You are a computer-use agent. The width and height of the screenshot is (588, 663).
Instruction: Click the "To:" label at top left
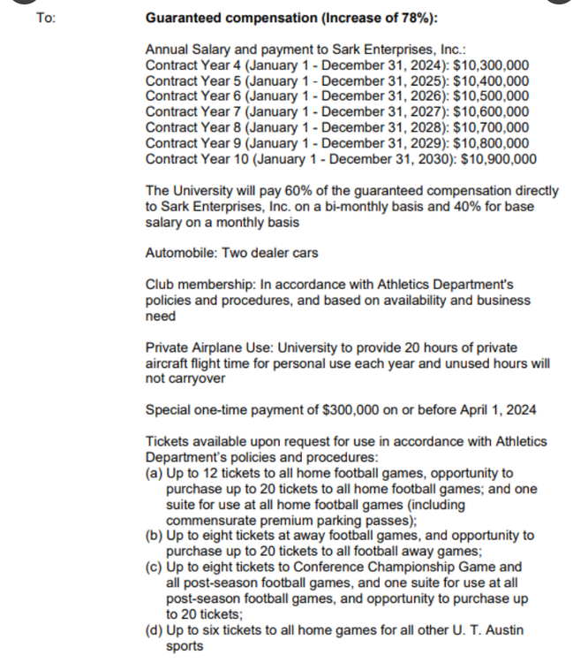tap(46, 18)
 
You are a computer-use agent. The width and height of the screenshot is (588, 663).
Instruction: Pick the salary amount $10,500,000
tap(491, 96)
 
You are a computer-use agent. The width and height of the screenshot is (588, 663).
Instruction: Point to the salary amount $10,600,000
tap(491, 110)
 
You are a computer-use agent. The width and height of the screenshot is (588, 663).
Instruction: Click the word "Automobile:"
tap(180, 253)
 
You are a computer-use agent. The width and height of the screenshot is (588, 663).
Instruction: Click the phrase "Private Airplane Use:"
tap(207, 347)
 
